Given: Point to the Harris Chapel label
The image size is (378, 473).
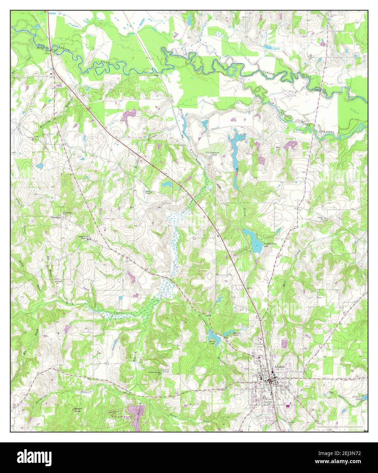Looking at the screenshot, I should (x=148, y=192).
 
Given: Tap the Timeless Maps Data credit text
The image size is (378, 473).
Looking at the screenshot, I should (x=339, y=427).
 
